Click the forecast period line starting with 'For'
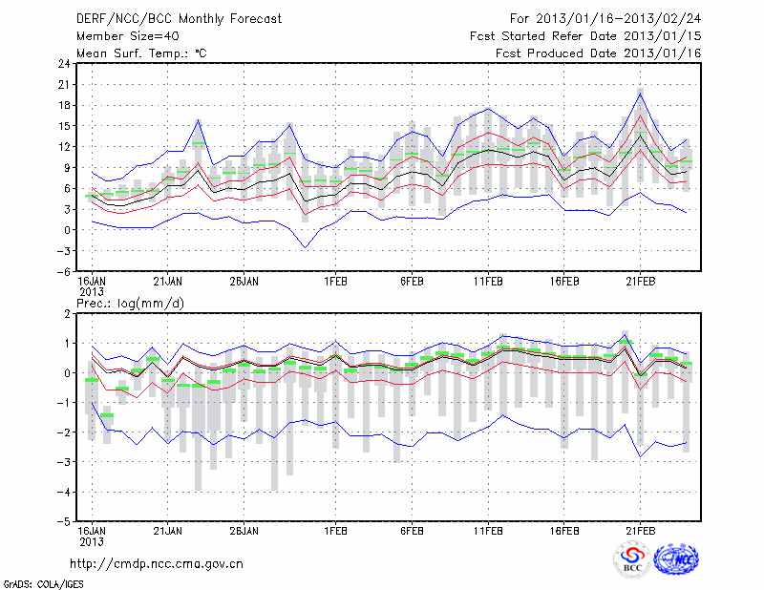click(x=605, y=18)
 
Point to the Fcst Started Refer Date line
click(x=585, y=35)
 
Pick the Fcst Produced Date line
click(x=599, y=53)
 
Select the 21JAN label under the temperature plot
click(x=168, y=283)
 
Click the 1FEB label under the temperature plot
click(x=335, y=283)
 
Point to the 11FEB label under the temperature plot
click(x=488, y=283)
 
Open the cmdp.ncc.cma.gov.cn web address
click(x=157, y=564)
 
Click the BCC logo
click(x=631, y=559)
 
